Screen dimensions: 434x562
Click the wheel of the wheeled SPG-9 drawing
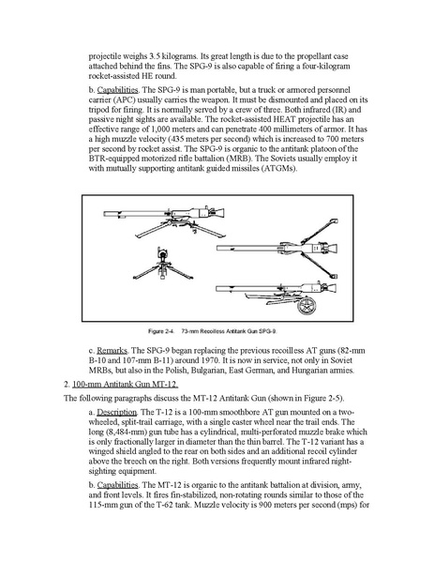coord(307,305)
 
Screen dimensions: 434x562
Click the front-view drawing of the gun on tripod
coord(163,265)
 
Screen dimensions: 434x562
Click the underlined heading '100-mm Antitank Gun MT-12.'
coord(125,385)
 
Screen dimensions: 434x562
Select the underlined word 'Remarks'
coord(112,351)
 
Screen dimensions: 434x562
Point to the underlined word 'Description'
coord(117,412)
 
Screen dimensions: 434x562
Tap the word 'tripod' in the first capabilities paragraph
coord(98,110)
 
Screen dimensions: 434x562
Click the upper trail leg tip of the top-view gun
coord(334,220)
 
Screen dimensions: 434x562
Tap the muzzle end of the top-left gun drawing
coord(105,214)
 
